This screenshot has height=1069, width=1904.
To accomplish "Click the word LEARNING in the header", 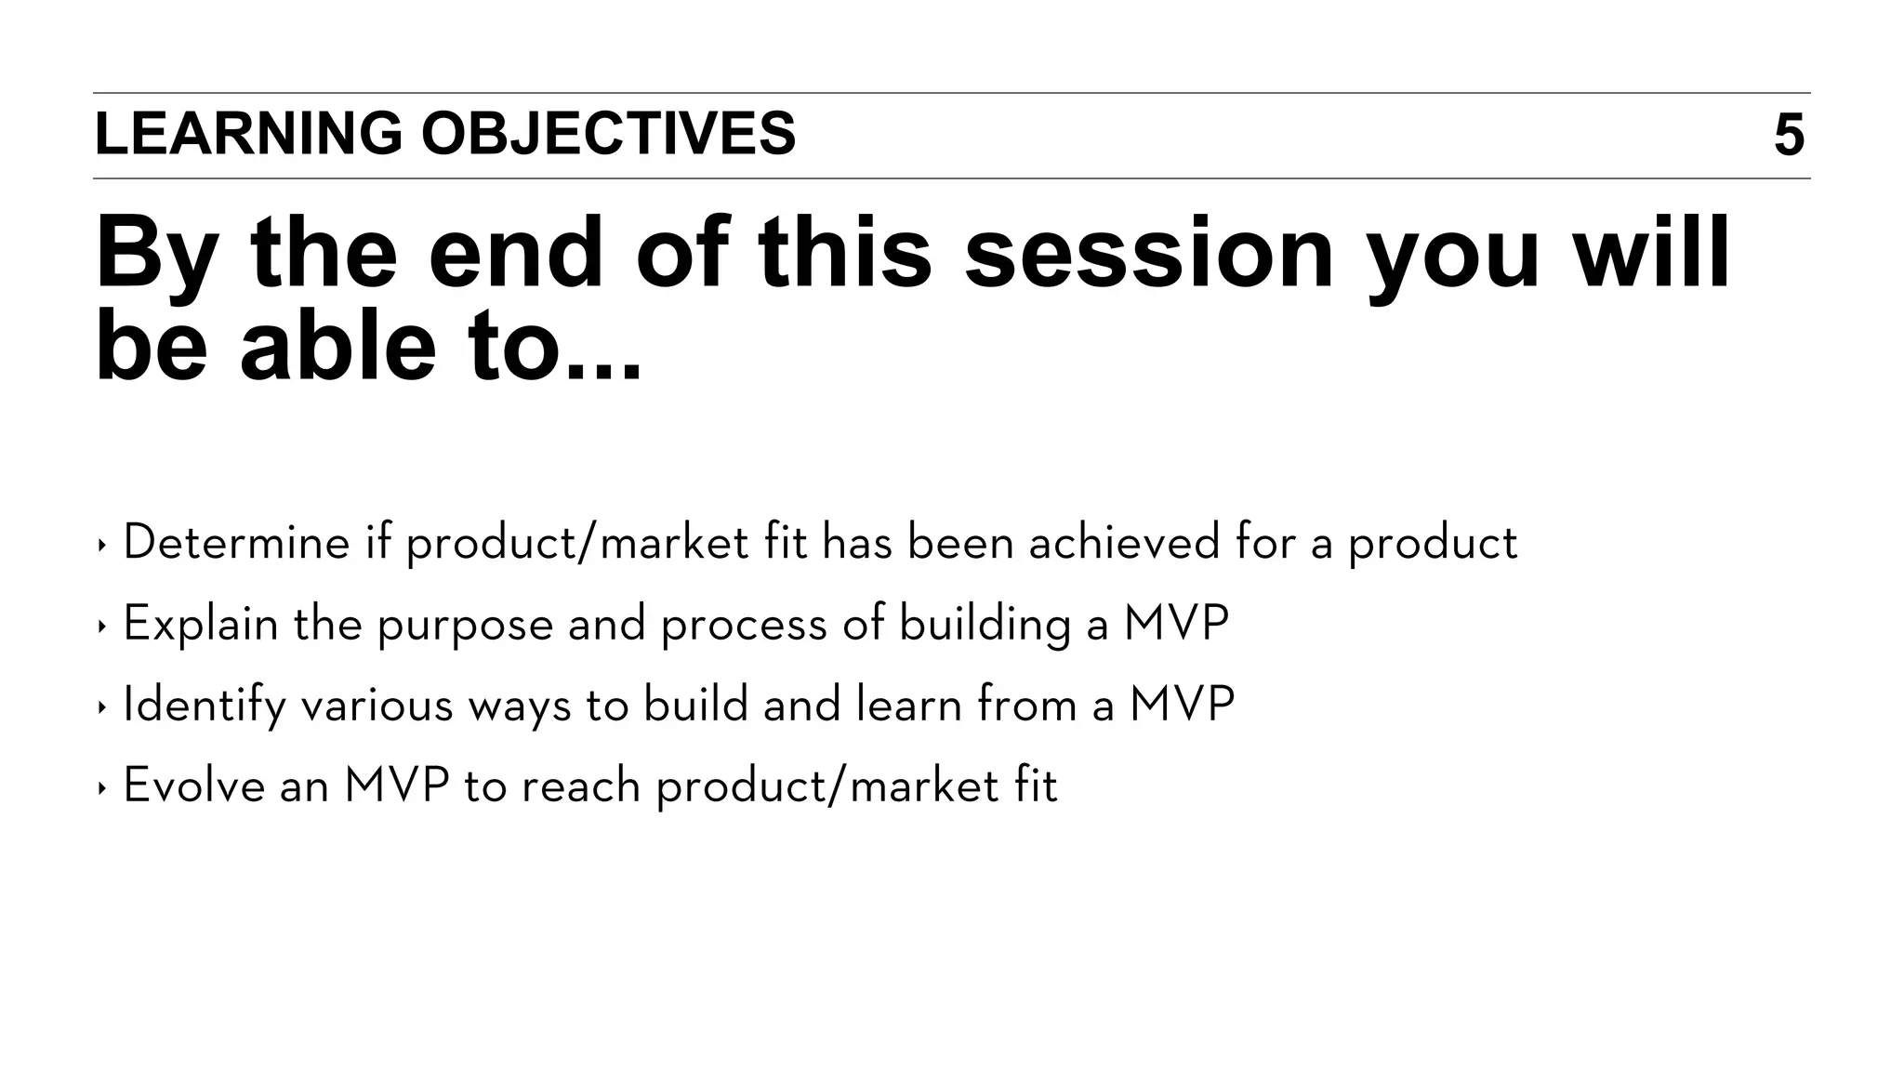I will click(248, 134).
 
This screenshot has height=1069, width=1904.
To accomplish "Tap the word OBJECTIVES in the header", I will click(608, 134).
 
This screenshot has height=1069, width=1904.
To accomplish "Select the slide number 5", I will click(1789, 136).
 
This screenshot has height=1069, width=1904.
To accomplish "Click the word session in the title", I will click(1148, 253).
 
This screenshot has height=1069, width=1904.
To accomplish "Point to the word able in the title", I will click(337, 346).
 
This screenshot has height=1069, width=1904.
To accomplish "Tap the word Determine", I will click(236, 542).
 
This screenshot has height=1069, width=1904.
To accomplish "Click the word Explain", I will click(201, 624).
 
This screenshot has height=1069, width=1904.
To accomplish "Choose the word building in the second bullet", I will click(985, 624).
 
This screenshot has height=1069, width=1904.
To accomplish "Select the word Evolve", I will click(193, 785).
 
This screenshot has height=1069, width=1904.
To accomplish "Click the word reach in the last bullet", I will click(581, 785).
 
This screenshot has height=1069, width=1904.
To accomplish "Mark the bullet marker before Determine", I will click(101, 545).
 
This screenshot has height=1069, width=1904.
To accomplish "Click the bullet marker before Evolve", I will click(101, 788).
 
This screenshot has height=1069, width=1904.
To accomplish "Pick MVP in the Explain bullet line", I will click(1176, 624).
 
